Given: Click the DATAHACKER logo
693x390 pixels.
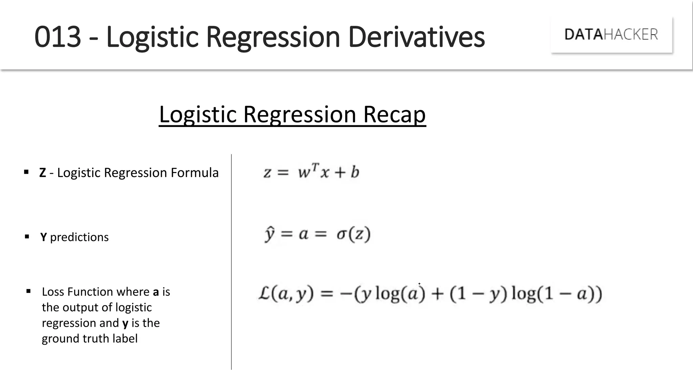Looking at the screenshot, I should point(611,35).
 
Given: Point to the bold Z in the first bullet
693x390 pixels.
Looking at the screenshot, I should point(43,173).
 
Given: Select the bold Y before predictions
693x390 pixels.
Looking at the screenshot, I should point(43,237).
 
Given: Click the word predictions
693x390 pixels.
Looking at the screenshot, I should point(80,237).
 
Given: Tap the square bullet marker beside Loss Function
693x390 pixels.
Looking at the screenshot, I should point(28,291).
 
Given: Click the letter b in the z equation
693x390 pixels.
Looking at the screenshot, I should point(355,172).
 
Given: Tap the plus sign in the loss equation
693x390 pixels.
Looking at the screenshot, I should point(437,294).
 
